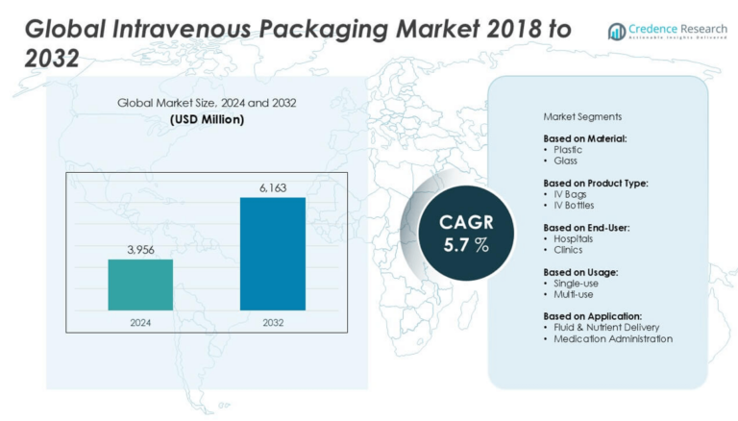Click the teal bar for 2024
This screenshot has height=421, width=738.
click(x=140, y=285)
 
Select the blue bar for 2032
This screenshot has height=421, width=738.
click(x=272, y=254)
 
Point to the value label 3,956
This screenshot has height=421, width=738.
click(x=141, y=250)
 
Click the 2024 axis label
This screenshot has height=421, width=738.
click(x=141, y=323)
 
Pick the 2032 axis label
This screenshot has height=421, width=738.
click(x=272, y=323)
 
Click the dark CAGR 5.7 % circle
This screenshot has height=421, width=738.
click(x=464, y=233)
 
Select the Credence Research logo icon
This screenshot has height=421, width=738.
click(x=616, y=32)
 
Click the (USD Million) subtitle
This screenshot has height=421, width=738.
click(x=207, y=119)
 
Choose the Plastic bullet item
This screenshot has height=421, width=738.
click(x=568, y=150)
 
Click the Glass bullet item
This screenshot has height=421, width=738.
click(x=565, y=161)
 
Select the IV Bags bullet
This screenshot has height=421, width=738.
click(x=570, y=194)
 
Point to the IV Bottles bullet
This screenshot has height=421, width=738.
click(x=575, y=206)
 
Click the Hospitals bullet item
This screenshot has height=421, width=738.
click(x=574, y=238)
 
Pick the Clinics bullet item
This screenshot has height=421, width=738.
click(x=568, y=250)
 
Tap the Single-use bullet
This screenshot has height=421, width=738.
click(x=576, y=284)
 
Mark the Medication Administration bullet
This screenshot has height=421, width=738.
click(x=612, y=338)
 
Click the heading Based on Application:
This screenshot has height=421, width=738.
click(x=593, y=316)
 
